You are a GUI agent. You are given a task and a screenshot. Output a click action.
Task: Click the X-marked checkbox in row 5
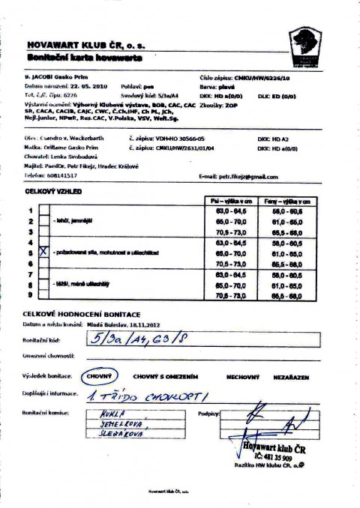coord(43,252)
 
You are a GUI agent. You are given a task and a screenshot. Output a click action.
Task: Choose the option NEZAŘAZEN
coord(291,378)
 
